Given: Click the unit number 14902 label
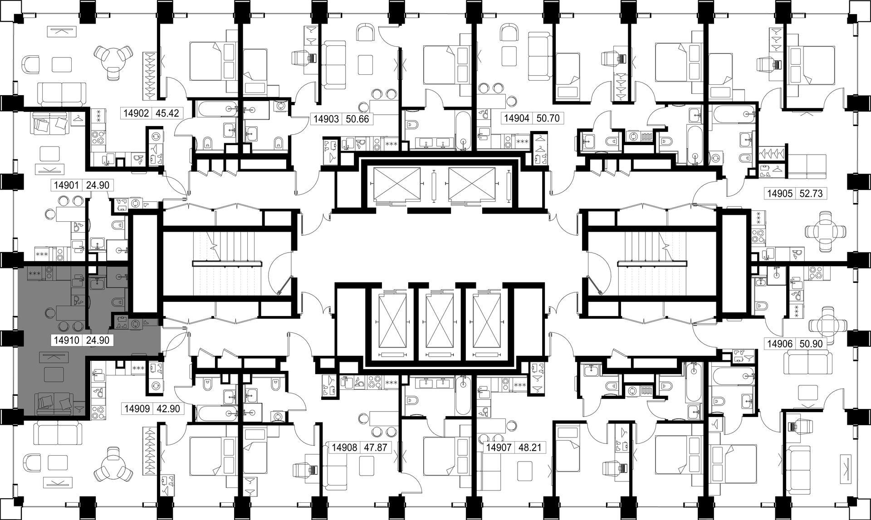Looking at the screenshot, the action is tap(136, 113).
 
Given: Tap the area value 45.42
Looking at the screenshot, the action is tap(167, 113).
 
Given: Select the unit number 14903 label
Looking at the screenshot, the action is tap(326, 119).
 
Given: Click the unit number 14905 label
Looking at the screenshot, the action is tap(779, 194).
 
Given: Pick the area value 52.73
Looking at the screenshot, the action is tap(810, 194).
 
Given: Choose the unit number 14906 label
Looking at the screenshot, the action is tap(779, 344).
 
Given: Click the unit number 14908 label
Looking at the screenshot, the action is tap(345, 448).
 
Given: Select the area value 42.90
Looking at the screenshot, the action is tap(168, 408).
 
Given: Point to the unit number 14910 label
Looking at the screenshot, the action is tap(67, 340).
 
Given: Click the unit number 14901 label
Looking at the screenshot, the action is tap(67, 185).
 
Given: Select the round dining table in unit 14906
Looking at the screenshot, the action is tap(827, 324).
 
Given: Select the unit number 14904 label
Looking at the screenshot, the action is tap(517, 119).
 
